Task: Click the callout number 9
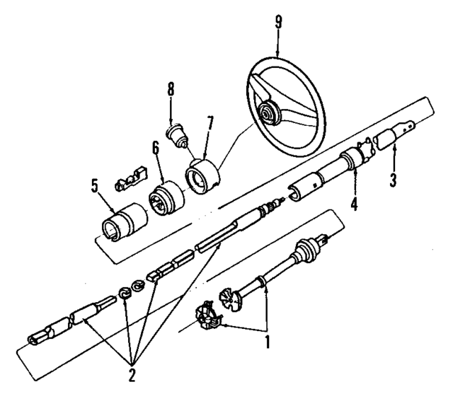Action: [278, 21]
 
